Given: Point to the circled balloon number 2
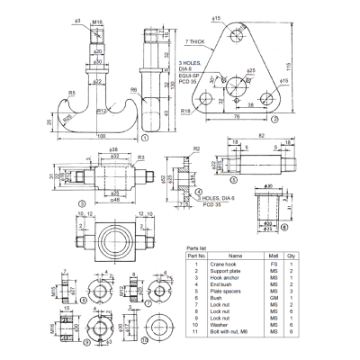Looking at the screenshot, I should (275, 118).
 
